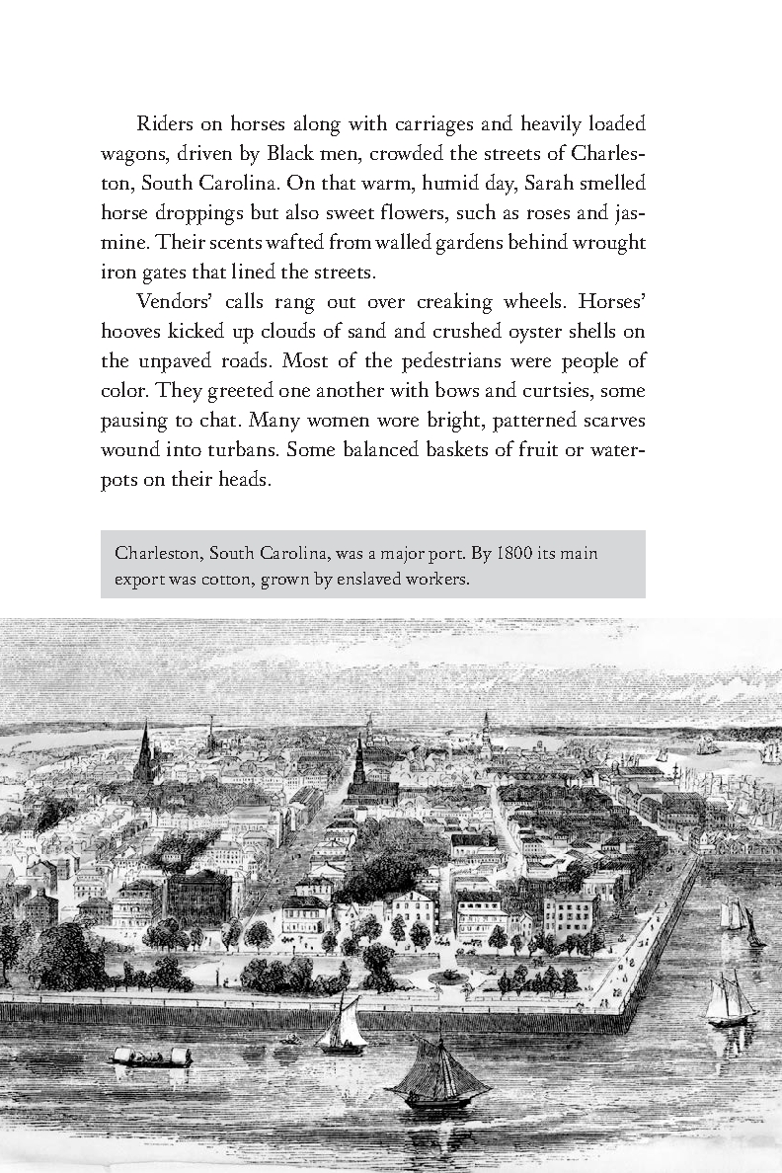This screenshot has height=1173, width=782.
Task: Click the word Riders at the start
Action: [x=164, y=124]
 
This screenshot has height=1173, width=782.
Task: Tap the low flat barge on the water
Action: [x=151, y=1057]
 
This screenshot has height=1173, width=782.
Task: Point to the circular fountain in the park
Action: [x=449, y=977]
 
